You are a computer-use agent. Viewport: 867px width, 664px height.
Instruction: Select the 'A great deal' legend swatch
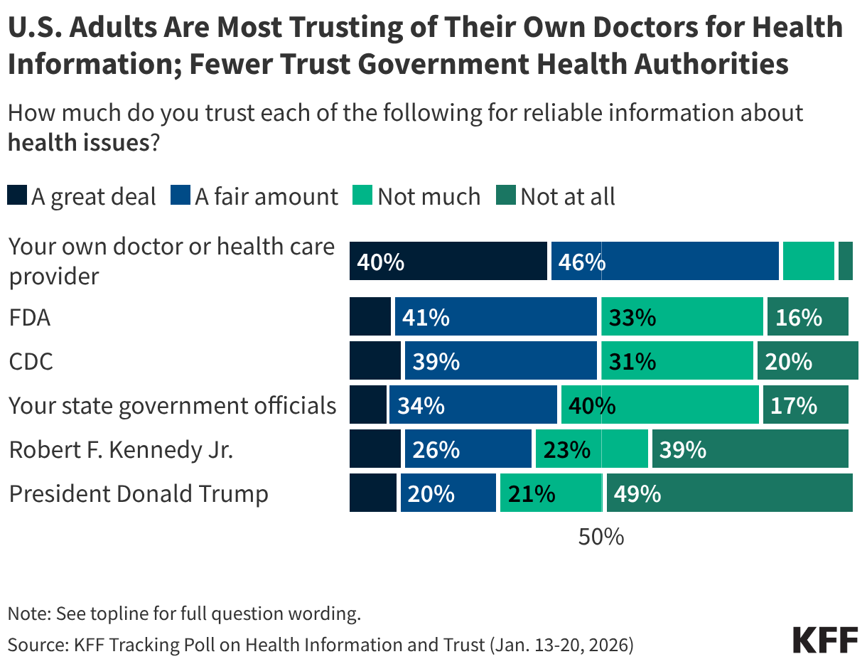pos(18,196)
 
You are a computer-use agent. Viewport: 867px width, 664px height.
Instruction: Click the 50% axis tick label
pos(601,537)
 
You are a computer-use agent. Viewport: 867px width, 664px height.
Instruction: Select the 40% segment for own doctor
pos(448,261)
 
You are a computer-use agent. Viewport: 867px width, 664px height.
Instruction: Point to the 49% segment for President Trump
pos(728,493)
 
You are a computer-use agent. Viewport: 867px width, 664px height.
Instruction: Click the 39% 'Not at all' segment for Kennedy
pos(750,449)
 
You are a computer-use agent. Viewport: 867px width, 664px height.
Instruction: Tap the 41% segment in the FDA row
pos(495,316)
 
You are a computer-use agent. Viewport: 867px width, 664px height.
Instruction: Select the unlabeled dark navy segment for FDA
pos(370,316)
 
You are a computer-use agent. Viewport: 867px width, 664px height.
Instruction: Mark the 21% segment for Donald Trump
pos(550,493)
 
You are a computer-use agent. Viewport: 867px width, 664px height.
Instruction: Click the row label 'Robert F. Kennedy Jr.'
pos(121,449)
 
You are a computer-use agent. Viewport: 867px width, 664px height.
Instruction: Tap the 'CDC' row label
pos(31,361)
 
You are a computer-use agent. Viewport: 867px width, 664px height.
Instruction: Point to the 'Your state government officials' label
pos(172,405)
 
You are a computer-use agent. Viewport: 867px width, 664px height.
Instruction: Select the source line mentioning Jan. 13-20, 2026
pos(321,645)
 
